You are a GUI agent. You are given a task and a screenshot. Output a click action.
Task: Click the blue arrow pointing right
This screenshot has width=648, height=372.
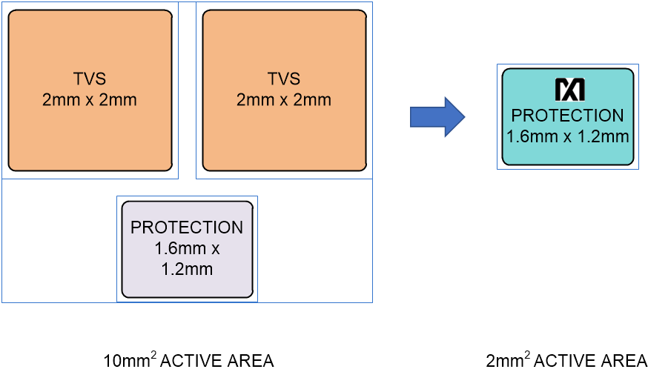point(437,116)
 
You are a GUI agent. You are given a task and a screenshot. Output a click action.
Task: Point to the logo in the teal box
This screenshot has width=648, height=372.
point(569,90)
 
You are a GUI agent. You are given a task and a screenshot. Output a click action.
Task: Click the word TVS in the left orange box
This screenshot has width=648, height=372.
point(90,79)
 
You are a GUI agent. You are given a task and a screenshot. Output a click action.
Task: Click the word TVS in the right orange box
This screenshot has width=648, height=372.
point(284,79)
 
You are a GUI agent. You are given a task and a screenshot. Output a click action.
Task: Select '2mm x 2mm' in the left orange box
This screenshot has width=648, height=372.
point(90,100)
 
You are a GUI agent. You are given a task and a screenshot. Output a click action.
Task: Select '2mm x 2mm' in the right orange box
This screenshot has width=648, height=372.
point(284,100)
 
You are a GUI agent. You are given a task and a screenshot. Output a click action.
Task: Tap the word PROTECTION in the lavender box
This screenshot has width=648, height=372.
point(187,227)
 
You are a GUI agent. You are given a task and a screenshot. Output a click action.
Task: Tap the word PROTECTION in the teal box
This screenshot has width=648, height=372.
point(568,116)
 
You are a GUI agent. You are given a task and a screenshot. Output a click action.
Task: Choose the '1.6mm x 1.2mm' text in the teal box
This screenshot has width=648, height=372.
point(568,136)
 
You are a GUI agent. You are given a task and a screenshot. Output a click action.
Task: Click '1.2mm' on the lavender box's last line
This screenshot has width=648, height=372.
point(187,269)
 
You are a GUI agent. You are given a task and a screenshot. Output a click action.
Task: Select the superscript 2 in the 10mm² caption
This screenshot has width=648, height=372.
point(153,356)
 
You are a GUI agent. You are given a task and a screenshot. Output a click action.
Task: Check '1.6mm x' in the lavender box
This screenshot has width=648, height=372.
point(187,248)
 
